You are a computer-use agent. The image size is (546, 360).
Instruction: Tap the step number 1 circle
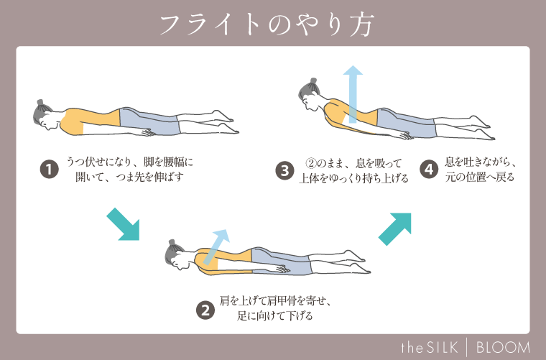pos(48,170)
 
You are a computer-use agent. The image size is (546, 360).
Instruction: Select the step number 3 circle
pos(284,170)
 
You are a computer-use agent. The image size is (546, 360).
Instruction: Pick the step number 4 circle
pos(429,170)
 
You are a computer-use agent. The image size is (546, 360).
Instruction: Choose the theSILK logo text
pos(430,346)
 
